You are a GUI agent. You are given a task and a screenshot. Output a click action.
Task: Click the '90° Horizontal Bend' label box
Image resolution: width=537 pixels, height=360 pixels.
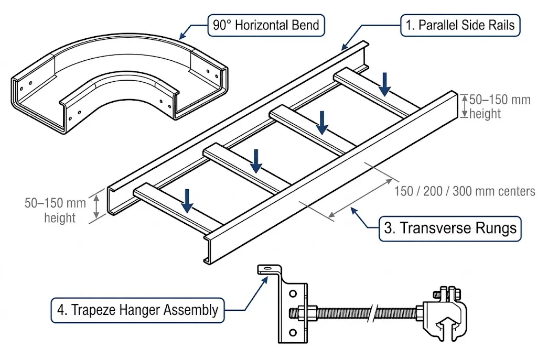266,25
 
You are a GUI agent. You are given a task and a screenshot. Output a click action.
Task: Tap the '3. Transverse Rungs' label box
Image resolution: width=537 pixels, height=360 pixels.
450,228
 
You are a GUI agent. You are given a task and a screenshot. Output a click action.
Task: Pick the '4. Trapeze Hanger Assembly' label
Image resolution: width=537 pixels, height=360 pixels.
137,310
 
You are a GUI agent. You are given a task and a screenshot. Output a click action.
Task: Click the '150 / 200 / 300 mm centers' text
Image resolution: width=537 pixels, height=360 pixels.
465,191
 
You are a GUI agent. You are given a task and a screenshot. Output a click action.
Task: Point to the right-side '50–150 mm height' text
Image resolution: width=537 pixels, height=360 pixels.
499,106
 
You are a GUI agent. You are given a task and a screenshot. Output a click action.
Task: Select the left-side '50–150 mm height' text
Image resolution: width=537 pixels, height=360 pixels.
55,210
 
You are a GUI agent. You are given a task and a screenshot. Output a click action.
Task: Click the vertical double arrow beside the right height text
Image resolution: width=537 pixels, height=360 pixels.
465,106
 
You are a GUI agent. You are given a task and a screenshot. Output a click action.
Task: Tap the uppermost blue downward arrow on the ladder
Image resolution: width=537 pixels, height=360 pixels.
385,84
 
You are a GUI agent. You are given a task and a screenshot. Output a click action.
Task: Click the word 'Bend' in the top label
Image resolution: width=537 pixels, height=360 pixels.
303,25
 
